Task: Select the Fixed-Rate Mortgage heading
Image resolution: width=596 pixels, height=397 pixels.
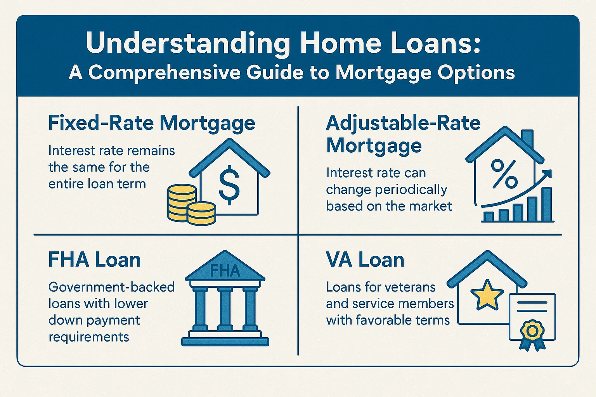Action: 152,123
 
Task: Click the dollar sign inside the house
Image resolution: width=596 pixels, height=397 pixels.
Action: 229,185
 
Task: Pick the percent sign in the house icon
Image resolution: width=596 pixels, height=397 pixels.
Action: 504,174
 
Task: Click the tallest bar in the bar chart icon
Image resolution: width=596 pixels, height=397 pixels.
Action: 546,204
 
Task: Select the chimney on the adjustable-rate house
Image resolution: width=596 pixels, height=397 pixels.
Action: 527,140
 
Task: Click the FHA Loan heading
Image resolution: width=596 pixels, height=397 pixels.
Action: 94,260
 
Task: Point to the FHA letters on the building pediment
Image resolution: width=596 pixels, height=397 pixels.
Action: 225,271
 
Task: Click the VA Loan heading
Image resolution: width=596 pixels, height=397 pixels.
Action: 365,260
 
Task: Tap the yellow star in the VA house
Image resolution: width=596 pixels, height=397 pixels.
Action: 487,294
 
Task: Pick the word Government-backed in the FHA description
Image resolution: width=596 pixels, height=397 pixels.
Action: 111,287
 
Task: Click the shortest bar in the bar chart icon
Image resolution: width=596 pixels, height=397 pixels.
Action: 489,217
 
